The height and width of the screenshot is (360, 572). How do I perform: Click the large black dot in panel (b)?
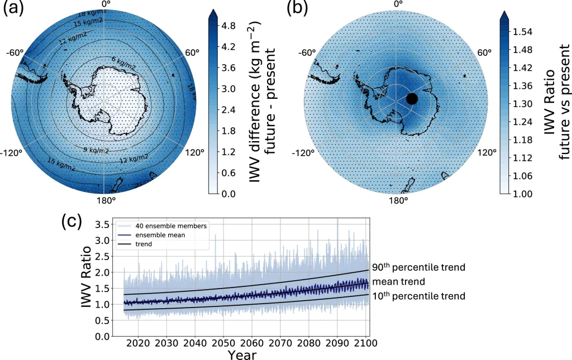click(x=412, y=99)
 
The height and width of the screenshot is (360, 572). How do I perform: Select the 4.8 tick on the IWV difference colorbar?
click(x=230, y=25)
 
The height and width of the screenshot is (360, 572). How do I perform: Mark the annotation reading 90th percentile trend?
click(x=418, y=268)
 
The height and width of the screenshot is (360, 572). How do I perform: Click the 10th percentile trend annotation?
click(x=418, y=296)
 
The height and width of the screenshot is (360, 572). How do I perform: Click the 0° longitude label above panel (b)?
click(x=398, y=4)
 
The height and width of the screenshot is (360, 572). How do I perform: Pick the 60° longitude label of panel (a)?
click(x=192, y=53)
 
